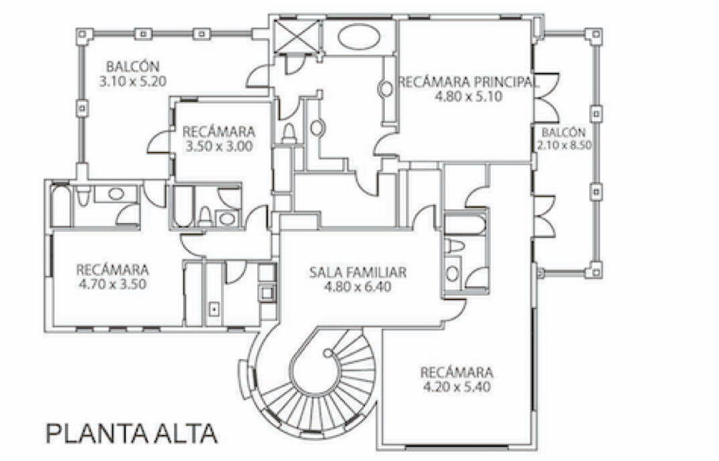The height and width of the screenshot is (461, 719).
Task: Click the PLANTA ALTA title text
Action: pyautogui.click(x=131, y=433)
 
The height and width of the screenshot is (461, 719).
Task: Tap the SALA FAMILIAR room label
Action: pyautogui.click(x=357, y=273)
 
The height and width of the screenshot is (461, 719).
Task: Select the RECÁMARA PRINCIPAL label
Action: pyautogui.click(x=469, y=81)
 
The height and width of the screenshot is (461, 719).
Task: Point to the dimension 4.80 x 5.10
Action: pyautogui.click(x=469, y=96)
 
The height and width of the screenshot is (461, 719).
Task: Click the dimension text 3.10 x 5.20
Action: pyautogui.click(x=133, y=81)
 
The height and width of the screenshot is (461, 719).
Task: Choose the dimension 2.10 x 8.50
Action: pyautogui.click(x=564, y=145)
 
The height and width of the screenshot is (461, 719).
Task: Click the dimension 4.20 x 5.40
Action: pyautogui.click(x=457, y=387)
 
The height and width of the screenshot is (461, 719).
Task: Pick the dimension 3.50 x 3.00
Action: pyautogui.click(x=219, y=146)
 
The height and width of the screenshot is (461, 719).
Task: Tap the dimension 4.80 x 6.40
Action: pyautogui.click(x=357, y=288)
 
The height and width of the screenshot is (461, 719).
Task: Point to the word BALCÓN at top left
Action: pyautogui.click(x=133, y=66)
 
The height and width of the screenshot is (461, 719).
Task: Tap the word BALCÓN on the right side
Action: pyautogui.click(x=564, y=132)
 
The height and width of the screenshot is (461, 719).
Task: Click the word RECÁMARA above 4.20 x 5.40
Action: pyautogui.click(x=457, y=372)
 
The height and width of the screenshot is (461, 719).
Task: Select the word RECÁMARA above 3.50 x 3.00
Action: pyautogui.click(x=219, y=131)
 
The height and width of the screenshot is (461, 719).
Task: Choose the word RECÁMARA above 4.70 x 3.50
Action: pyautogui.click(x=112, y=268)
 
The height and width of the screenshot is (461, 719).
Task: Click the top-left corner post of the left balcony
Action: pyautogui.click(x=81, y=33)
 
